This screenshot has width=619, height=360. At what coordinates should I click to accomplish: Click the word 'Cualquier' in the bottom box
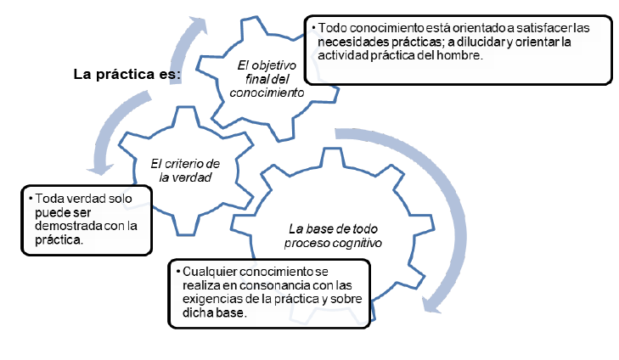207,272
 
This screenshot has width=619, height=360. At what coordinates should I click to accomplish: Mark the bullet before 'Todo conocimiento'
314,28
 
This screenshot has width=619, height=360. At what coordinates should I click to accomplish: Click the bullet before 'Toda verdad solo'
30,199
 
